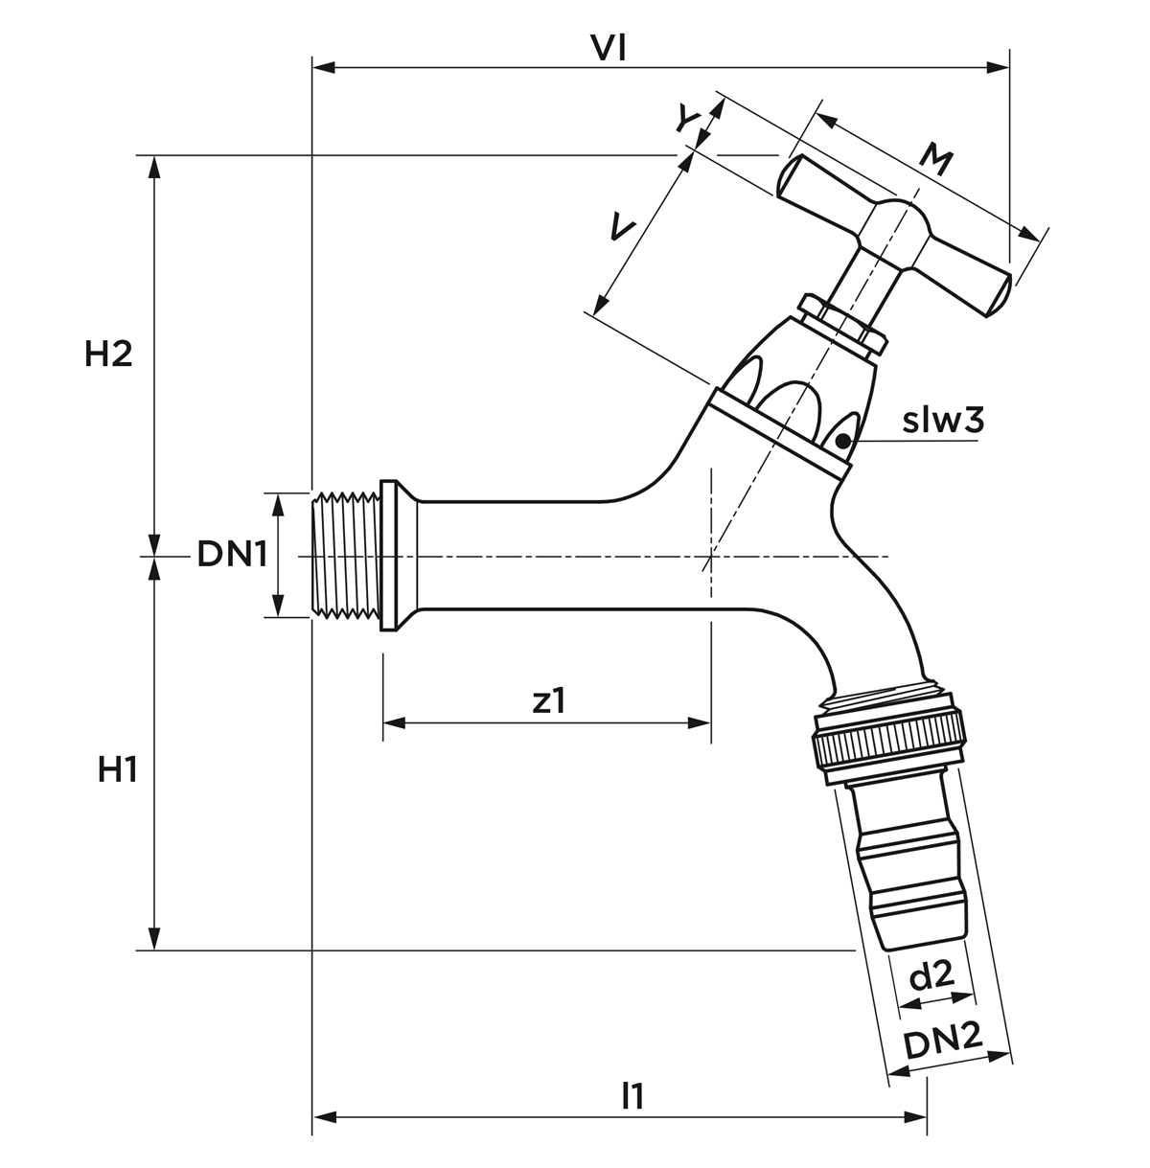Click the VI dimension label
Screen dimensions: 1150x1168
[x=609, y=49]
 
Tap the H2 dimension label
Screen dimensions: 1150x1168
[x=108, y=354]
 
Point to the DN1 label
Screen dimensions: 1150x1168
[x=232, y=554]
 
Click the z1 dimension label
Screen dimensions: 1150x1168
[x=548, y=700]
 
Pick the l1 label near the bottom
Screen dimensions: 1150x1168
[x=632, y=1096]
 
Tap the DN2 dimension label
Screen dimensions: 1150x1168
[x=943, y=1042]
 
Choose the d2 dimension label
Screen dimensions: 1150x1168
[x=932, y=975]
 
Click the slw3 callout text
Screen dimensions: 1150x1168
[x=943, y=421]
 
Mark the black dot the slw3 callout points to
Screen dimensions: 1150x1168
[x=842, y=442]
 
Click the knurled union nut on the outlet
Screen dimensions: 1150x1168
[x=888, y=743]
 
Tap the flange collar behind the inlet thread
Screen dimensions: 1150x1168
[x=399, y=555]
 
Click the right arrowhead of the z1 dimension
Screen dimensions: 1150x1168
[x=700, y=723]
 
